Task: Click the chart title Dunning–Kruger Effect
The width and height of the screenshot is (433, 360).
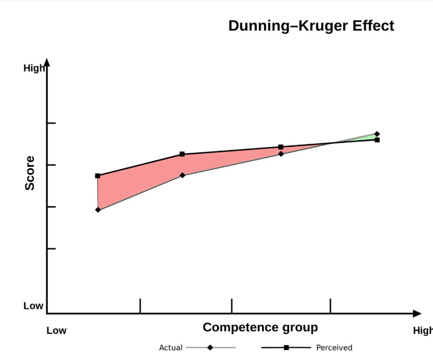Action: tap(311, 26)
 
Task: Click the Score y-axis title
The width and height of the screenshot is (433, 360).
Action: tap(30, 173)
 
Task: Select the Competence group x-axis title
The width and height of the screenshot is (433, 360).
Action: tap(260, 327)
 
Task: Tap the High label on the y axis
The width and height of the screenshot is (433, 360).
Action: tap(34, 68)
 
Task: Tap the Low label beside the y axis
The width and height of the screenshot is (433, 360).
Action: tap(33, 306)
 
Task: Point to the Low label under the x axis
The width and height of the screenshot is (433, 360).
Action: tap(56, 330)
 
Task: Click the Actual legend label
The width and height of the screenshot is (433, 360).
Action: tap(170, 348)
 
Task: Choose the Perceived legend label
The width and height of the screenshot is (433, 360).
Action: tap(334, 348)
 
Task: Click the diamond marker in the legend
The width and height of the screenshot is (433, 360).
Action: tap(210, 348)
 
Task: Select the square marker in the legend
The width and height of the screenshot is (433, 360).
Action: tap(286, 348)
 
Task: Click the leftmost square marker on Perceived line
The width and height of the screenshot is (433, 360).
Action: tap(98, 176)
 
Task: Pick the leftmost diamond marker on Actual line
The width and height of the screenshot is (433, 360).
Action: tap(98, 210)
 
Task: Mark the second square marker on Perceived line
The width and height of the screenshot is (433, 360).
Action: tap(182, 154)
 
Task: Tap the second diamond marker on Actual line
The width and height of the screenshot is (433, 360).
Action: tap(182, 175)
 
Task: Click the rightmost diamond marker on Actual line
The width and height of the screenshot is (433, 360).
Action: tap(377, 134)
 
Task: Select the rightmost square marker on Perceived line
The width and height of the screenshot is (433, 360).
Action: tap(377, 140)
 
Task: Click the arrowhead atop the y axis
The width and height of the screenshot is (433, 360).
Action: tap(47, 63)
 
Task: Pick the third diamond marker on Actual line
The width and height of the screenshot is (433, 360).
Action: tap(281, 154)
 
